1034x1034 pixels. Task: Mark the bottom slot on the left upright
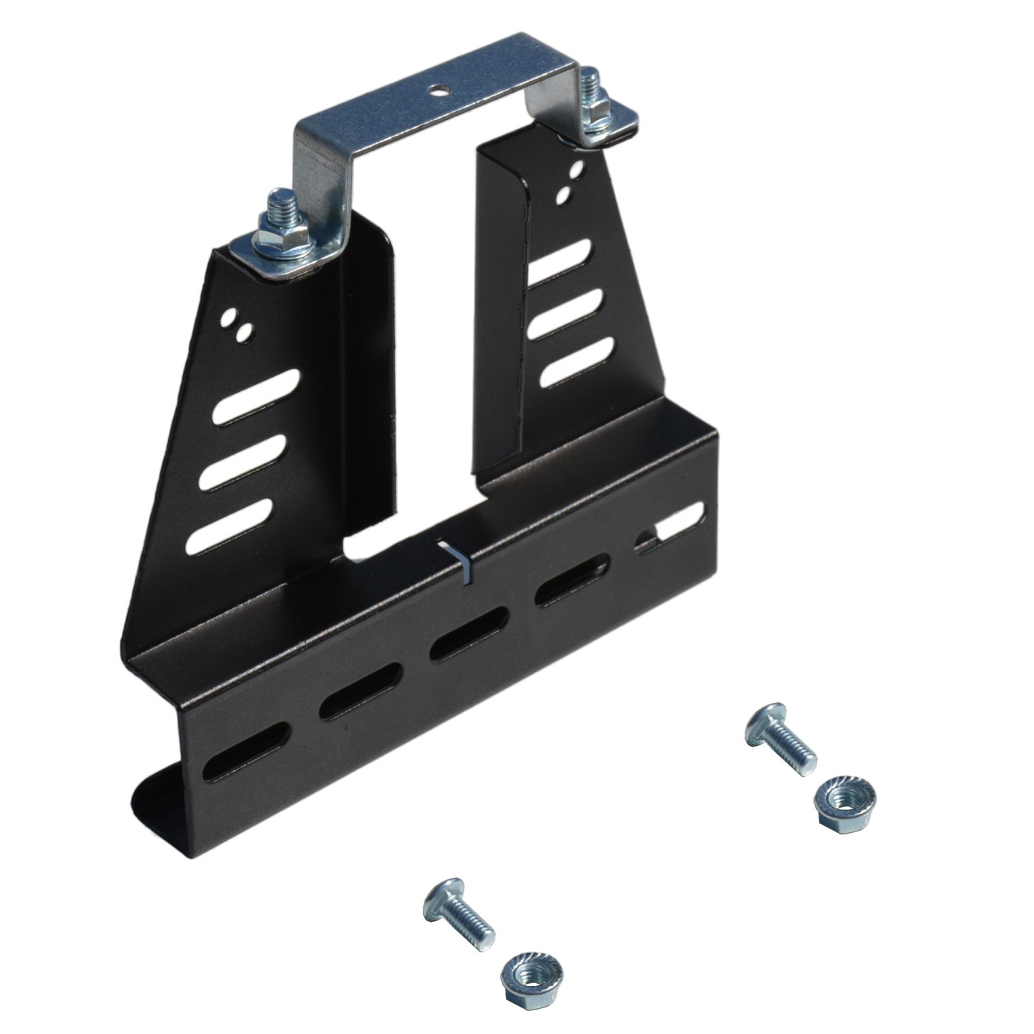(231, 526)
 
